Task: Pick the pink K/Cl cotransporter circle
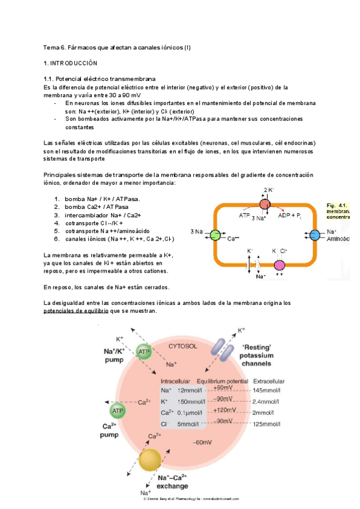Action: [x=280, y=265]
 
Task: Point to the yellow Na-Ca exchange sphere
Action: [x=150, y=460]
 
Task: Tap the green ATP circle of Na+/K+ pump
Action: [x=144, y=352]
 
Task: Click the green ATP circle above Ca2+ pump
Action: [x=117, y=411]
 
